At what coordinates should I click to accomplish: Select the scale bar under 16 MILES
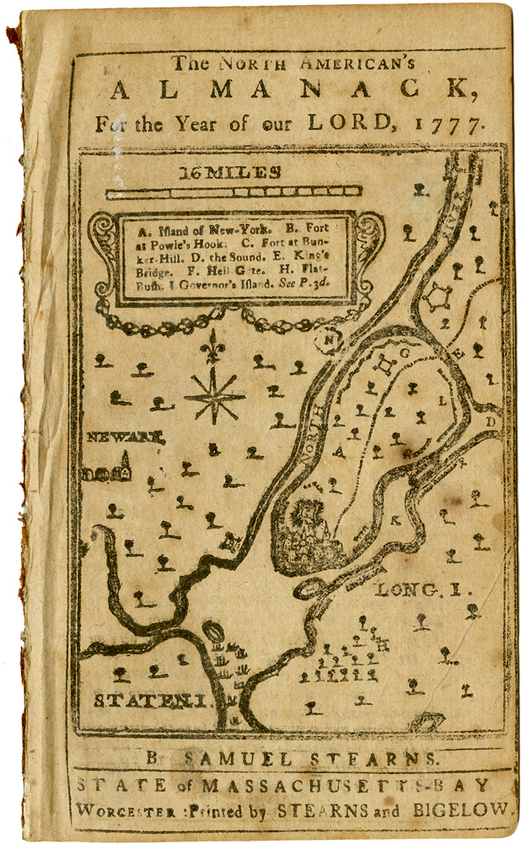click(234, 192)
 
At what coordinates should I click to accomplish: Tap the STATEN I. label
click(150, 701)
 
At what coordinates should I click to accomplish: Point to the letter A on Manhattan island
click(341, 451)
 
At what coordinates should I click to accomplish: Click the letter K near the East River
click(394, 520)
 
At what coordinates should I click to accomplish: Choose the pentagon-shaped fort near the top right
click(438, 297)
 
